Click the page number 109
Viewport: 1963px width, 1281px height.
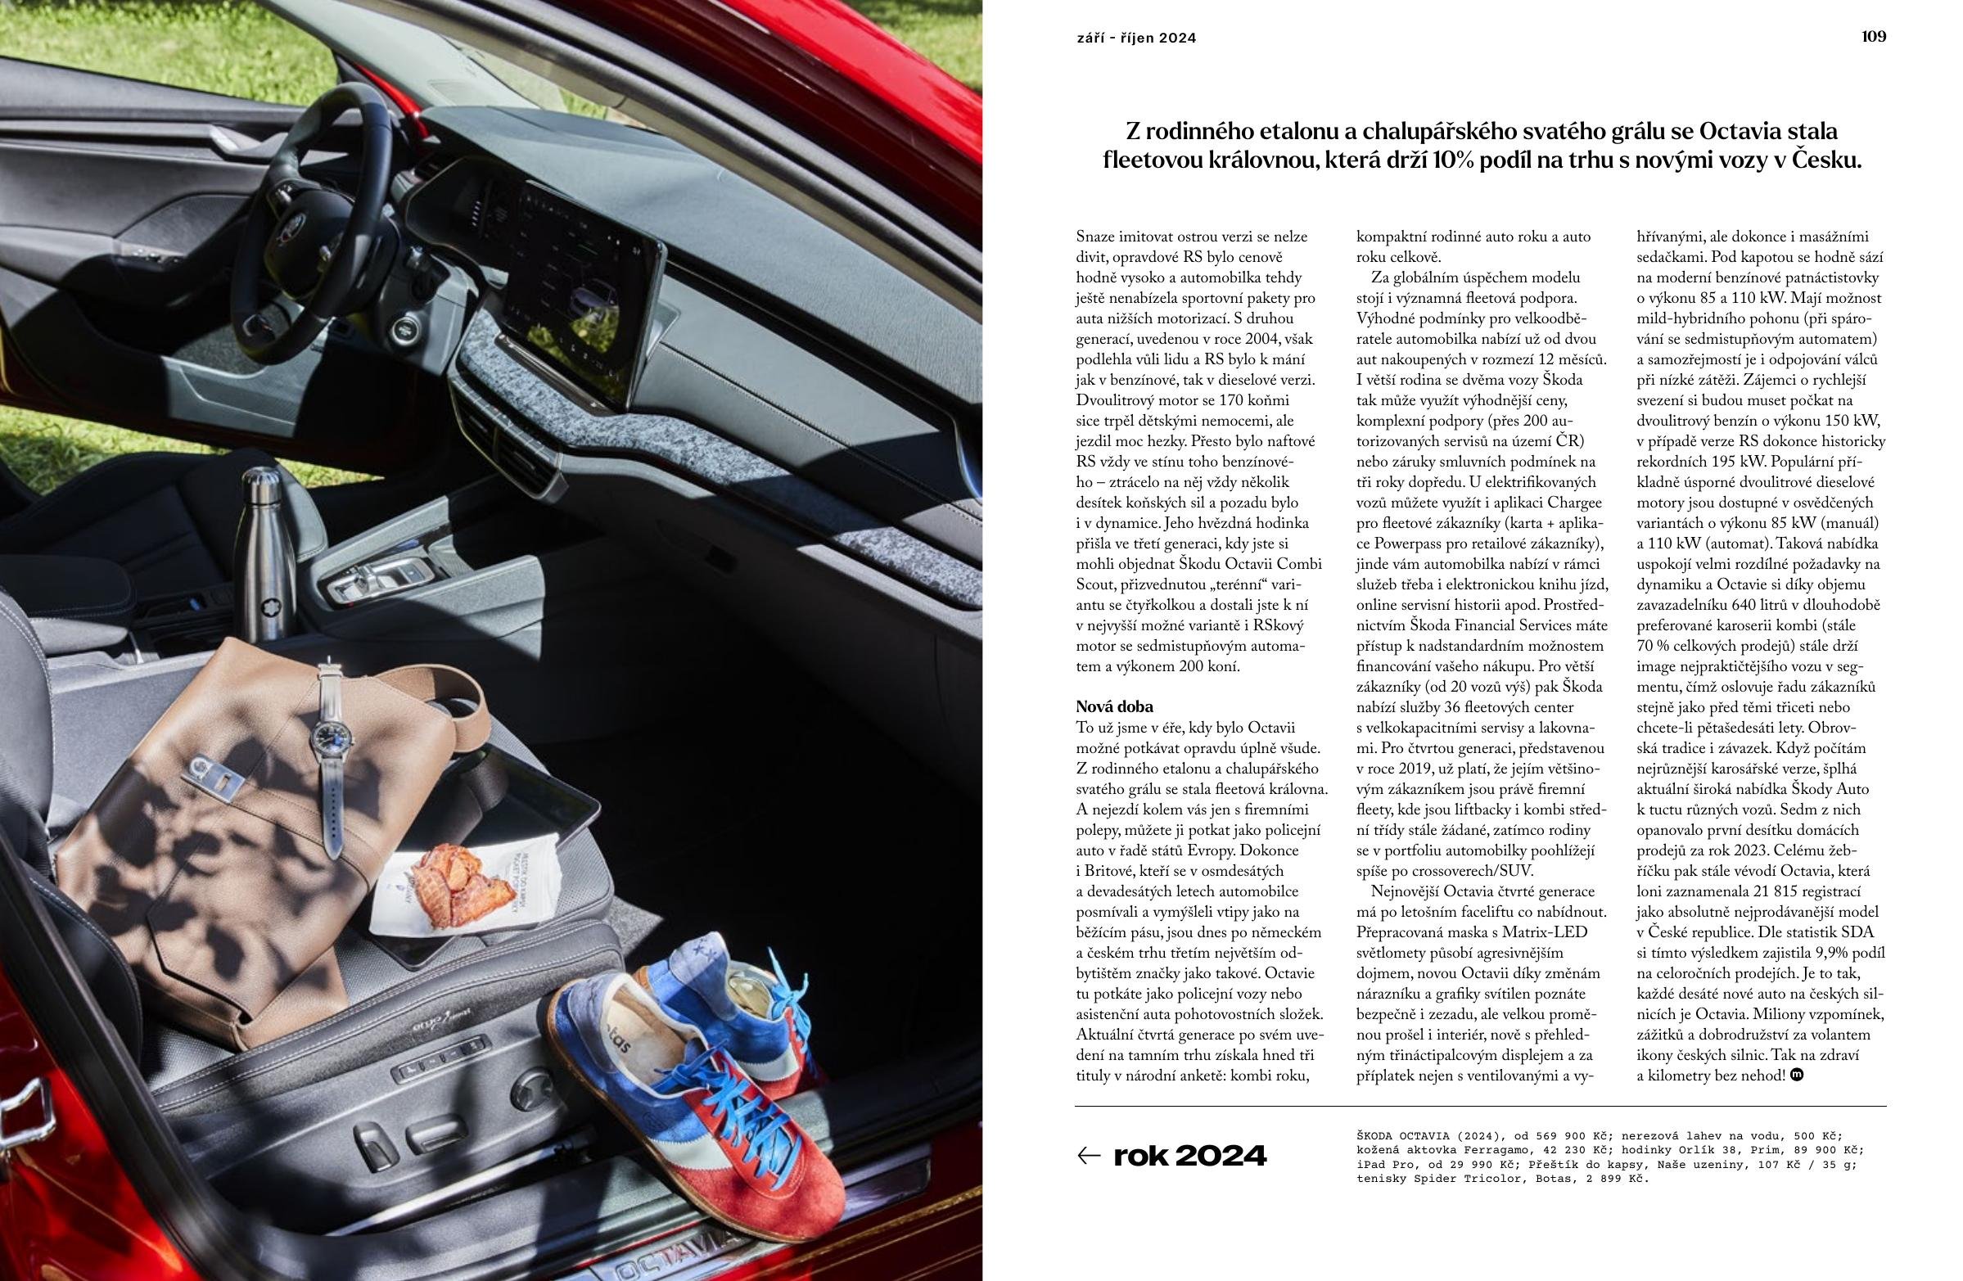(1873, 36)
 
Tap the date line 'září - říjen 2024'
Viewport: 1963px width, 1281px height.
(1136, 38)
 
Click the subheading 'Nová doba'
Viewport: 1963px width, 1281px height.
(1114, 706)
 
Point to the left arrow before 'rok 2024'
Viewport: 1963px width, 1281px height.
(1089, 1156)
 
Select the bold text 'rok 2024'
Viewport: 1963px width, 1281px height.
(1189, 1156)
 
